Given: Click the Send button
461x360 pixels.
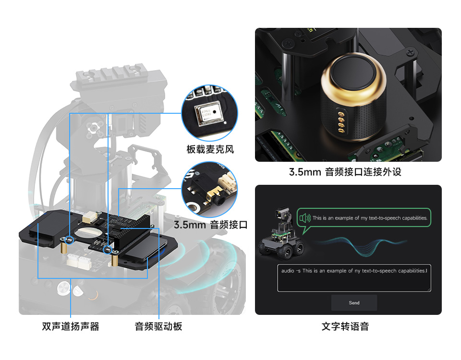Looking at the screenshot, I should click(354, 303).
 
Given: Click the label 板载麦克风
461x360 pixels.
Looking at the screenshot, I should click(210, 149).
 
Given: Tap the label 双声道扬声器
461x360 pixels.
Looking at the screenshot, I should click(71, 327).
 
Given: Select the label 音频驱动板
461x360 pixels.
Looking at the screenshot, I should click(158, 327).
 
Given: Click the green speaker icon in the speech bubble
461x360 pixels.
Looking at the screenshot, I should click(304, 218).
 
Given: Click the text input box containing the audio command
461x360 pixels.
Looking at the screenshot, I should click(354, 278).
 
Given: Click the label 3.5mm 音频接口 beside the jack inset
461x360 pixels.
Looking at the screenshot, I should click(210, 225).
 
